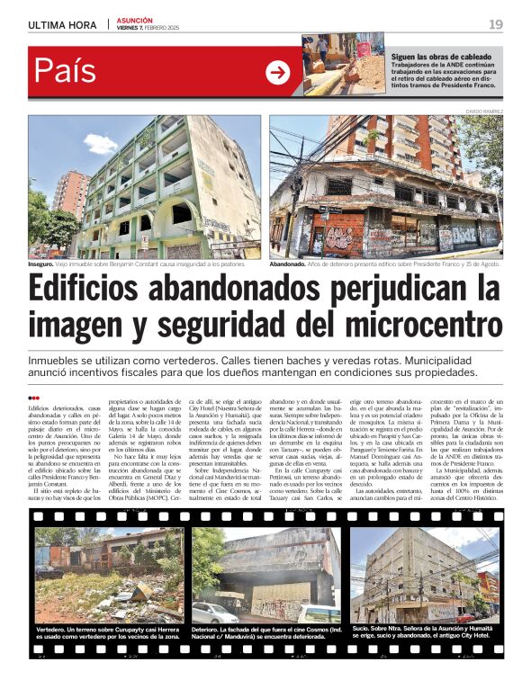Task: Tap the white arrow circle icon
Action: [278, 73]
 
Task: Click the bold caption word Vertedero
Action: [56, 630]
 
